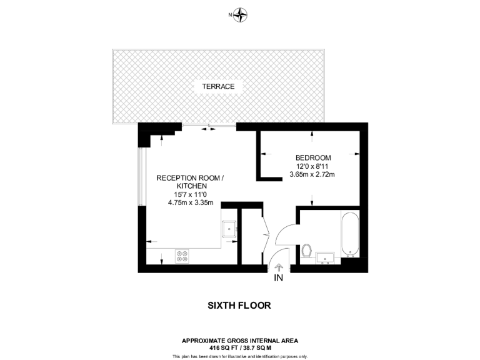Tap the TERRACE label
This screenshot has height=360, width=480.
point(218,86)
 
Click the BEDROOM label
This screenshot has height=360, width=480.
point(313,157)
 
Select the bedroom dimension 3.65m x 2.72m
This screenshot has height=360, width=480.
point(312,174)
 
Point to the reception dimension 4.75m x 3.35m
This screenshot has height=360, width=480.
point(191,202)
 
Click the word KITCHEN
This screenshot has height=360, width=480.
point(191,186)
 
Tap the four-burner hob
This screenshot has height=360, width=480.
point(182,256)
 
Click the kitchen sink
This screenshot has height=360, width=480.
point(229,229)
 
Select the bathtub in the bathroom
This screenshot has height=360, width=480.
point(350,234)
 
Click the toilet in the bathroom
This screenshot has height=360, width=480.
point(306,251)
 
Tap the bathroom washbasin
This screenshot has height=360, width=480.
point(326,256)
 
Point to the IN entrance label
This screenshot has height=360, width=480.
point(279,278)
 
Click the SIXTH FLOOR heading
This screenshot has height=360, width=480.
point(239,306)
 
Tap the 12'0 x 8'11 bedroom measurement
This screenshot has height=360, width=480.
point(312,166)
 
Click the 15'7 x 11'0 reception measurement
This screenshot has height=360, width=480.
point(190,194)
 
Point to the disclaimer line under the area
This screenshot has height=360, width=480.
point(240,356)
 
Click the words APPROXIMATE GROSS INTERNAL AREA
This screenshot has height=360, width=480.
point(240,341)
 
